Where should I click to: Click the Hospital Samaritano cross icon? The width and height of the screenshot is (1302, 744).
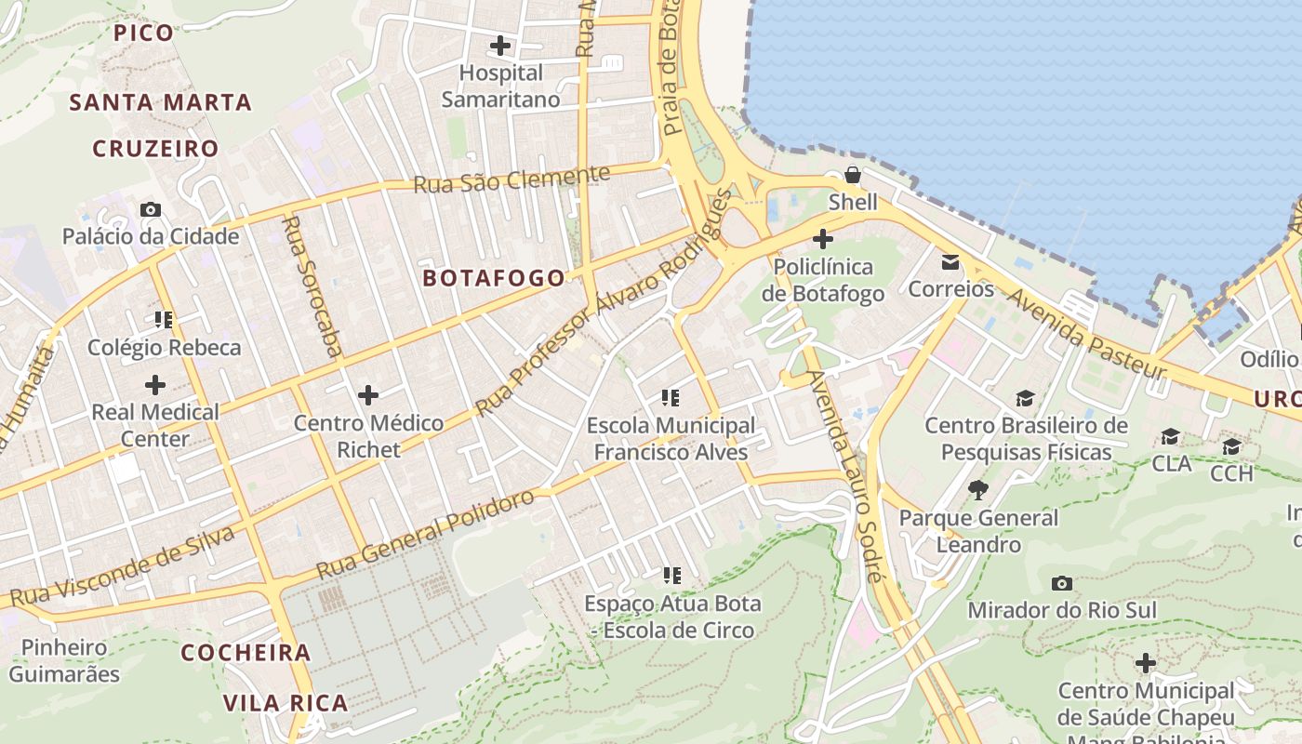(x=500, y=45)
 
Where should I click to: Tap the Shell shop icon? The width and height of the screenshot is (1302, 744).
(x=852, y=175)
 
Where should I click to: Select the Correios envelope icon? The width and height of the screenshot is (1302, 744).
(x=950, y=262)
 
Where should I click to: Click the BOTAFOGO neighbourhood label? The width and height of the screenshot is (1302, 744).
(x=494, y=278)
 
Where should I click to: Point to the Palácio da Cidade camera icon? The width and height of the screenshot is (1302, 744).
(x=150, y=209)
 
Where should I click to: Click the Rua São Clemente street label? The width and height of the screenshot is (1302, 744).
(x=511, y=179)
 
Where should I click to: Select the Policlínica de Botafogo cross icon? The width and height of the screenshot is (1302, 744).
(x=822, y=239)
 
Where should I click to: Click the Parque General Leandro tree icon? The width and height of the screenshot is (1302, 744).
(x=977, y=489)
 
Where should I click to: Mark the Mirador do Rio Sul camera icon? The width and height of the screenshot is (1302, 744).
(x=1061, y=583)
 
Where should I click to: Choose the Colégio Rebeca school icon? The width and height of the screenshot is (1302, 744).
(x=164, y=320)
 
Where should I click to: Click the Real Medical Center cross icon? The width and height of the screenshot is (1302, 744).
(x=154, y=384)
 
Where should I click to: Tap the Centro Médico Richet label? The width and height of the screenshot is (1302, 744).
(x=368, y=436)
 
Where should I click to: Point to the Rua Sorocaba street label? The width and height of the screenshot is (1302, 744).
(x=312, y=286)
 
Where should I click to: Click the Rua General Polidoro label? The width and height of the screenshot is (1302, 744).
(x=426, y=534)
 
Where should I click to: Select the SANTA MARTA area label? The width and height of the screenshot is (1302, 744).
(x=161, y=102)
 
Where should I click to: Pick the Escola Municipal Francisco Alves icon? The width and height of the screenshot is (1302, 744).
(x=671, y=398)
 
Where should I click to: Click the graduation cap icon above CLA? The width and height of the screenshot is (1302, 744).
(x=1170, y=436)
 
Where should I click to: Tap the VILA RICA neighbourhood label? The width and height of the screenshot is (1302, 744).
(x=286, y=703)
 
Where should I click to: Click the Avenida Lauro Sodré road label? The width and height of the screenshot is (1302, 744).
(x=844, y=474)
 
